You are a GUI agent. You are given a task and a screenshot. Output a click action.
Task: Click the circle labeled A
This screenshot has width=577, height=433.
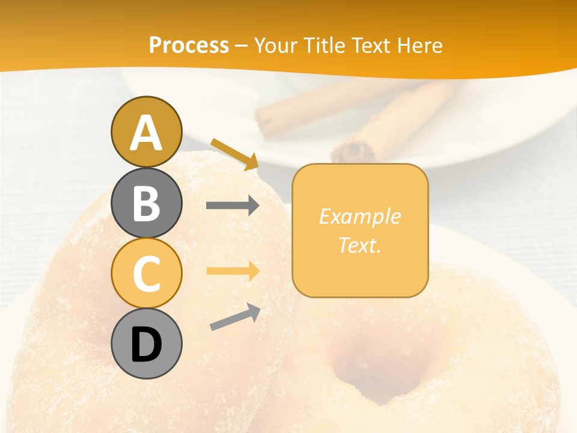[146, 132]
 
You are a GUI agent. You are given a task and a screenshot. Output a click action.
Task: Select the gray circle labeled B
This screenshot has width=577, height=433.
[146, 203]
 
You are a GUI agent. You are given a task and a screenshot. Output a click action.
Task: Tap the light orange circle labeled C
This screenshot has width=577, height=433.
[146, 273]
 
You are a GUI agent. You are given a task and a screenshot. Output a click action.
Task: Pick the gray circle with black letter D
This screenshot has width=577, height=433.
[146, 344]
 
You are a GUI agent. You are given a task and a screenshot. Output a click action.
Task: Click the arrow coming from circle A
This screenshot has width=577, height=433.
[234, 153]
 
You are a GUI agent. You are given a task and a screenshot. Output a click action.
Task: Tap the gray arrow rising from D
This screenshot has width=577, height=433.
[235, 317]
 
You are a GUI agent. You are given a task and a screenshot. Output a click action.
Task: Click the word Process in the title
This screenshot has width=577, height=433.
[189, 45]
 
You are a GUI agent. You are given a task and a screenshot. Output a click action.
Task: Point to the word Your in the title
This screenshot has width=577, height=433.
[276, 45]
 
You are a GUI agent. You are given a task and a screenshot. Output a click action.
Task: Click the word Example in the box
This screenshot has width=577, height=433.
[359, 216]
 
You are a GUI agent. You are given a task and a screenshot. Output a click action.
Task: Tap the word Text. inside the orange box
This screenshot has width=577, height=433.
[359, 245]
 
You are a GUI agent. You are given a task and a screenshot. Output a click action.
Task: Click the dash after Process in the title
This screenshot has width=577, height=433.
[241, 46]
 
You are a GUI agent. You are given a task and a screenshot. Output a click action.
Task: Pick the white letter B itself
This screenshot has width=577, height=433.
[146, 203]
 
